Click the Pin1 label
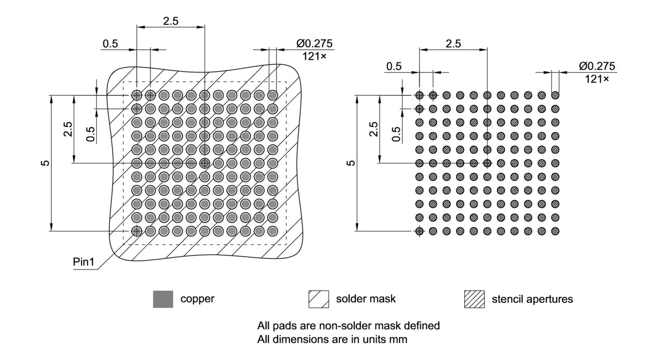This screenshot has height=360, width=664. [x=83, y=262]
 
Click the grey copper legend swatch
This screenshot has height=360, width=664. [x=163, y=299]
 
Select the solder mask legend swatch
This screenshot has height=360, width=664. [x=319, y=299]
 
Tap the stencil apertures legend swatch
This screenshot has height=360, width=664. [x=475, y=299]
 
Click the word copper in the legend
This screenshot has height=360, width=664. [x=197, y=299]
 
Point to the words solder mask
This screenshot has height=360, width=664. [x=366, y=299]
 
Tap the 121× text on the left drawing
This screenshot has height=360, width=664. [x=314, y=56]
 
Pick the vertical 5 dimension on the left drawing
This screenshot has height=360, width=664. [x=46, y=163]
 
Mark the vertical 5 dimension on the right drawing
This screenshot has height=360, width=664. [x=351, y=163]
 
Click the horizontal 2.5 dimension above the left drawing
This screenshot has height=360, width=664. [x=171, y=21]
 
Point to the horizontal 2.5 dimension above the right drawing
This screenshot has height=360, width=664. [x=453, y=44]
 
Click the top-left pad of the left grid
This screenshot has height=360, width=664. [x=136, y=95]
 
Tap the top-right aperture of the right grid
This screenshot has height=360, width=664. [x=555, y=95]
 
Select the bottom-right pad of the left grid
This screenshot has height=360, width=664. [x=272, y=230]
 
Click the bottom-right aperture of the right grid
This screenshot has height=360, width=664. [x=555, y=230]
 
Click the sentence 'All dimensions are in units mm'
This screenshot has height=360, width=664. [x=333, y=340]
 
